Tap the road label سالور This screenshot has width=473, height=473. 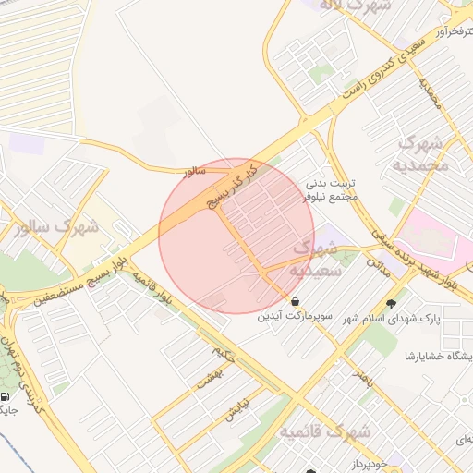[x=193, y=171]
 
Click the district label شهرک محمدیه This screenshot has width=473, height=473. [x=421, y=154]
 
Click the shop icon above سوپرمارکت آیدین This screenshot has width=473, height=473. [x=295, y=301]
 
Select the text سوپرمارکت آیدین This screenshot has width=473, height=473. [x=295, y=317]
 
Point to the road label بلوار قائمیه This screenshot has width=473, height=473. [x=152, y=289]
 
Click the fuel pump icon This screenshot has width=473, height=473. [x=7, y=397]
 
